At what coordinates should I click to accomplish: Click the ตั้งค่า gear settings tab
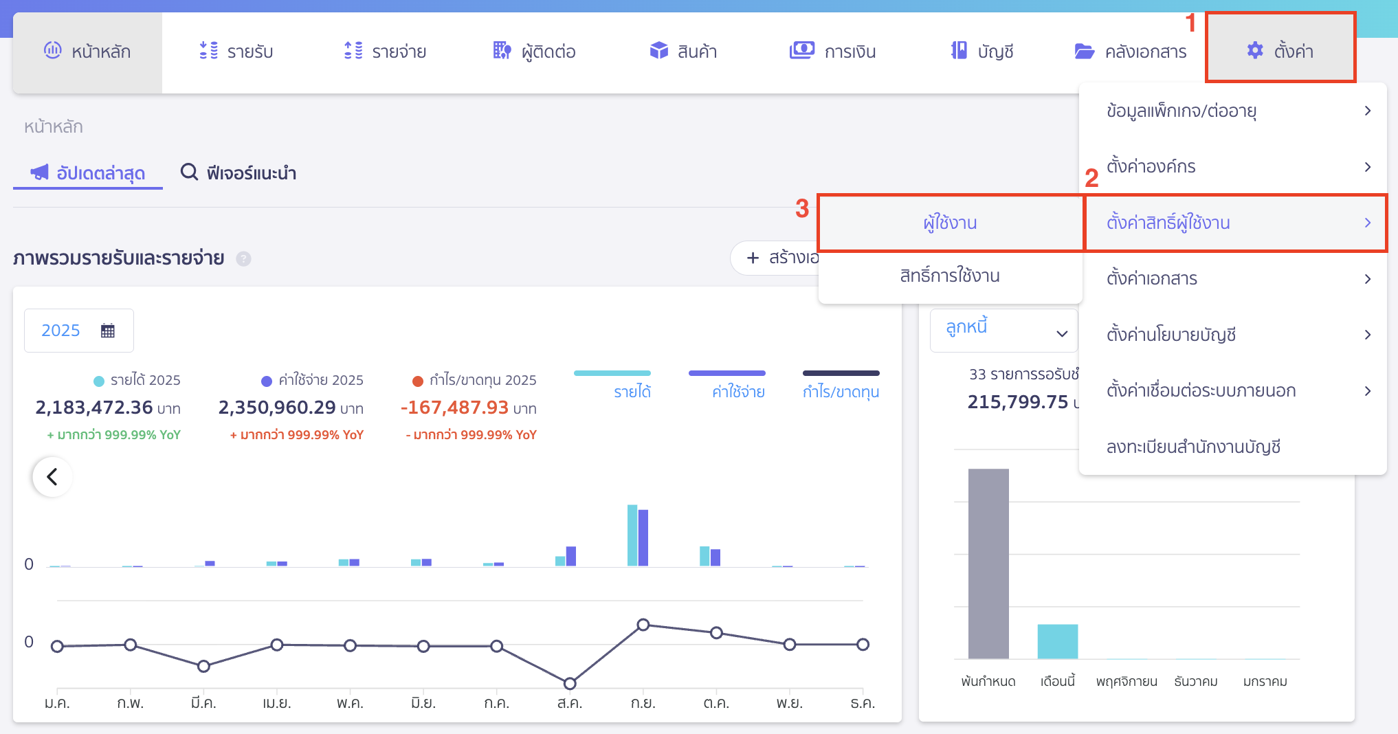[1280, 51]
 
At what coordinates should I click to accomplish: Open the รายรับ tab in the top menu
[236, 52]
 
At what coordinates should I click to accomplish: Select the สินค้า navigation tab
[683, 52]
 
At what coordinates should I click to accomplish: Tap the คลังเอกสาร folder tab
[1131, 52]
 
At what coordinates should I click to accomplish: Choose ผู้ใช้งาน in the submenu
[950, 223]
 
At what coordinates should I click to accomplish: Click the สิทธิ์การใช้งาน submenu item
[950, 276]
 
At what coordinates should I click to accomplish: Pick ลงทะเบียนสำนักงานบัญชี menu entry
[1193, 447]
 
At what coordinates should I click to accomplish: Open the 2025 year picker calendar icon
[108, 331]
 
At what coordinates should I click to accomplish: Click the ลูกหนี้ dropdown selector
[1003, 330]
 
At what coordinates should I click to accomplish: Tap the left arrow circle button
[52, 476]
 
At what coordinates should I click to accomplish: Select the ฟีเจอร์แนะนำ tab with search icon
[238, 173]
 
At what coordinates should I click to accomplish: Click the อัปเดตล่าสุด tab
[88, 173]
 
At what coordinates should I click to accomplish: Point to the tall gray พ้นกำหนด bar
[988, 564]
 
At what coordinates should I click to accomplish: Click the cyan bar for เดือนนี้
[1057, 641]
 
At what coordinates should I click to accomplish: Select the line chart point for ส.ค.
[570, 683]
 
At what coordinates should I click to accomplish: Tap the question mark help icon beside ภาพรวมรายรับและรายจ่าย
[243, 258]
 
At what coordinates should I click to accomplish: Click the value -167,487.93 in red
[455, 408]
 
